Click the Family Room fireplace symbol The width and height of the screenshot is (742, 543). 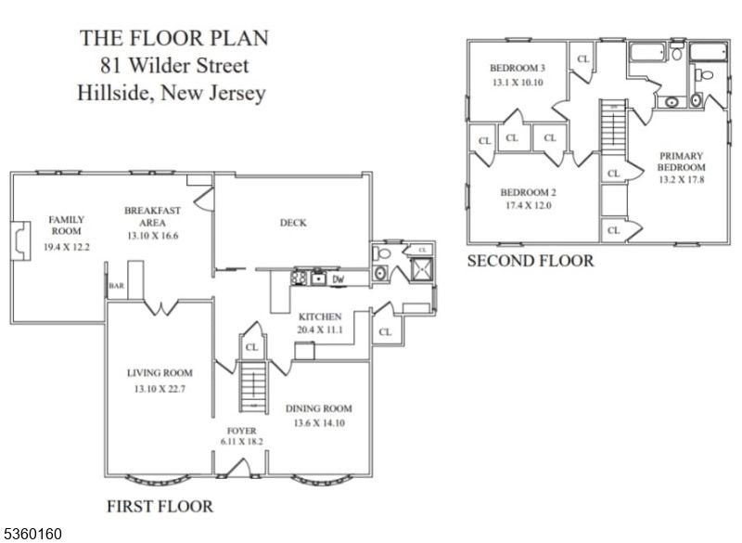click(20, 240)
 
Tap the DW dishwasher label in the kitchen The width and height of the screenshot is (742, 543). click(339, 279)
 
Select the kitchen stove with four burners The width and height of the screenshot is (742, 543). click(299, 278)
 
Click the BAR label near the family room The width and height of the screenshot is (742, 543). click(117, 286)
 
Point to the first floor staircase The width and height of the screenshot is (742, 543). click(254, 386)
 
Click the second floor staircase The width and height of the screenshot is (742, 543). click(614, 126)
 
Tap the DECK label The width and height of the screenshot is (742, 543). click(293, 223)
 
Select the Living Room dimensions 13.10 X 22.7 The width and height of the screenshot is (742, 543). click(159, 389)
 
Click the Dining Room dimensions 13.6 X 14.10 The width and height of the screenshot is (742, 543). click(319, 422)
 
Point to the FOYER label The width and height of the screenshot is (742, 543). click(242, 431)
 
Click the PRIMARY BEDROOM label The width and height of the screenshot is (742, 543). click(682, 162)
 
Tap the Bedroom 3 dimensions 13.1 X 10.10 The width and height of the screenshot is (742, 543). click(518, 83)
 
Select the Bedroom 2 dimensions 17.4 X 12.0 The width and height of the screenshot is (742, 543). click(529, 205)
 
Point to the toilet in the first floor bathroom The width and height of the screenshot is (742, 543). click(381, 252)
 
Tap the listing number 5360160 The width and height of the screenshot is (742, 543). click(32, 534)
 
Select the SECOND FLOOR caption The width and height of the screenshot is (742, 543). click(531, 261)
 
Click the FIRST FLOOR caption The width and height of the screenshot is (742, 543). click(160, 506)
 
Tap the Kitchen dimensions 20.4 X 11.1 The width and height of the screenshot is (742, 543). click(320, 330)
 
